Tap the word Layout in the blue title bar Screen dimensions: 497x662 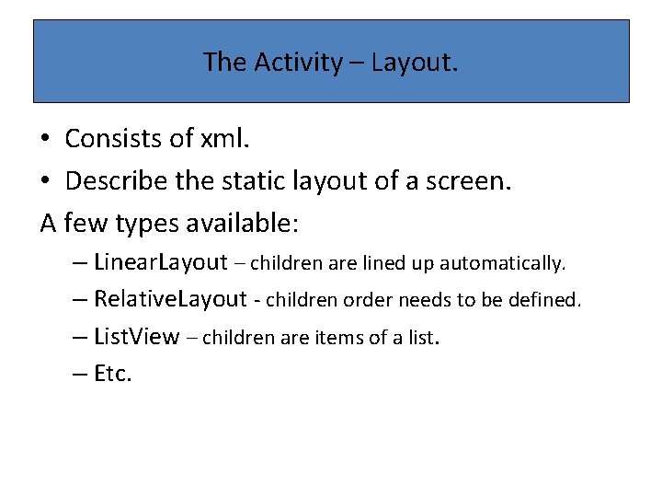tap(413, 62)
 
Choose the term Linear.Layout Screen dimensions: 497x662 tap(161, 262)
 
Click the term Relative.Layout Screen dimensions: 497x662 tap(171, 299)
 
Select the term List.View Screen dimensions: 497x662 tap(137, 337)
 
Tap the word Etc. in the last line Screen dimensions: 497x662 tap(114, 374)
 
